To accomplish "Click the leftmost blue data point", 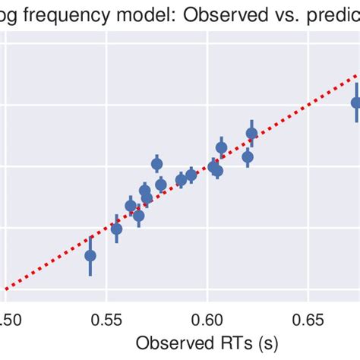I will [90, 256].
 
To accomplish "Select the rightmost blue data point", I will [356, 103].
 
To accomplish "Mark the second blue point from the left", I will [116, 229].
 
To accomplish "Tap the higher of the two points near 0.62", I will [251, 134].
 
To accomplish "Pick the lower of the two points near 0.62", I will [248, 157].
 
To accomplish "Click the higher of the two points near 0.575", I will [157, 164].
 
